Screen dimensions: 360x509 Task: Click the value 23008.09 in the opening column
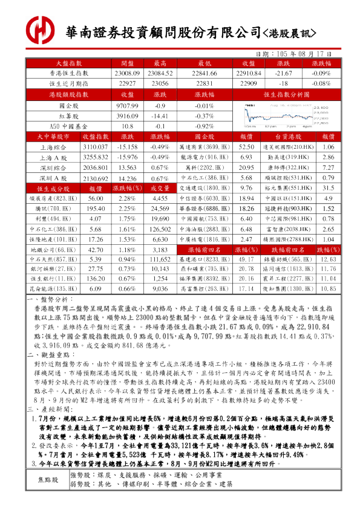point(127,73)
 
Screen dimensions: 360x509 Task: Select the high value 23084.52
point(160,73)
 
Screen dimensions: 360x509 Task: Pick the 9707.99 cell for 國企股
point(127,105)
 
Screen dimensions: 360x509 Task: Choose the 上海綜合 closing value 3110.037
point(94,147)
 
